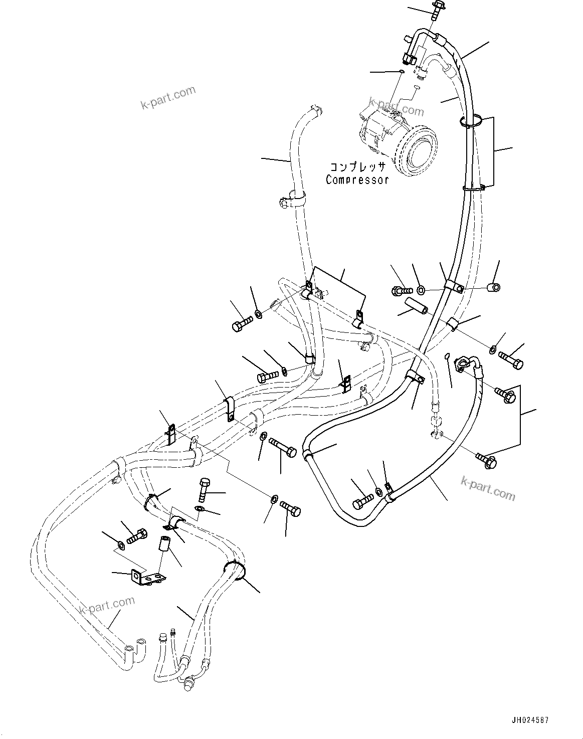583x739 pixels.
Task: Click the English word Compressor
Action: coord(357,179)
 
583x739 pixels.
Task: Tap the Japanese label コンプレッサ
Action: coord(357,167)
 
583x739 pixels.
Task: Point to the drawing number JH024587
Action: coord(530,720)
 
